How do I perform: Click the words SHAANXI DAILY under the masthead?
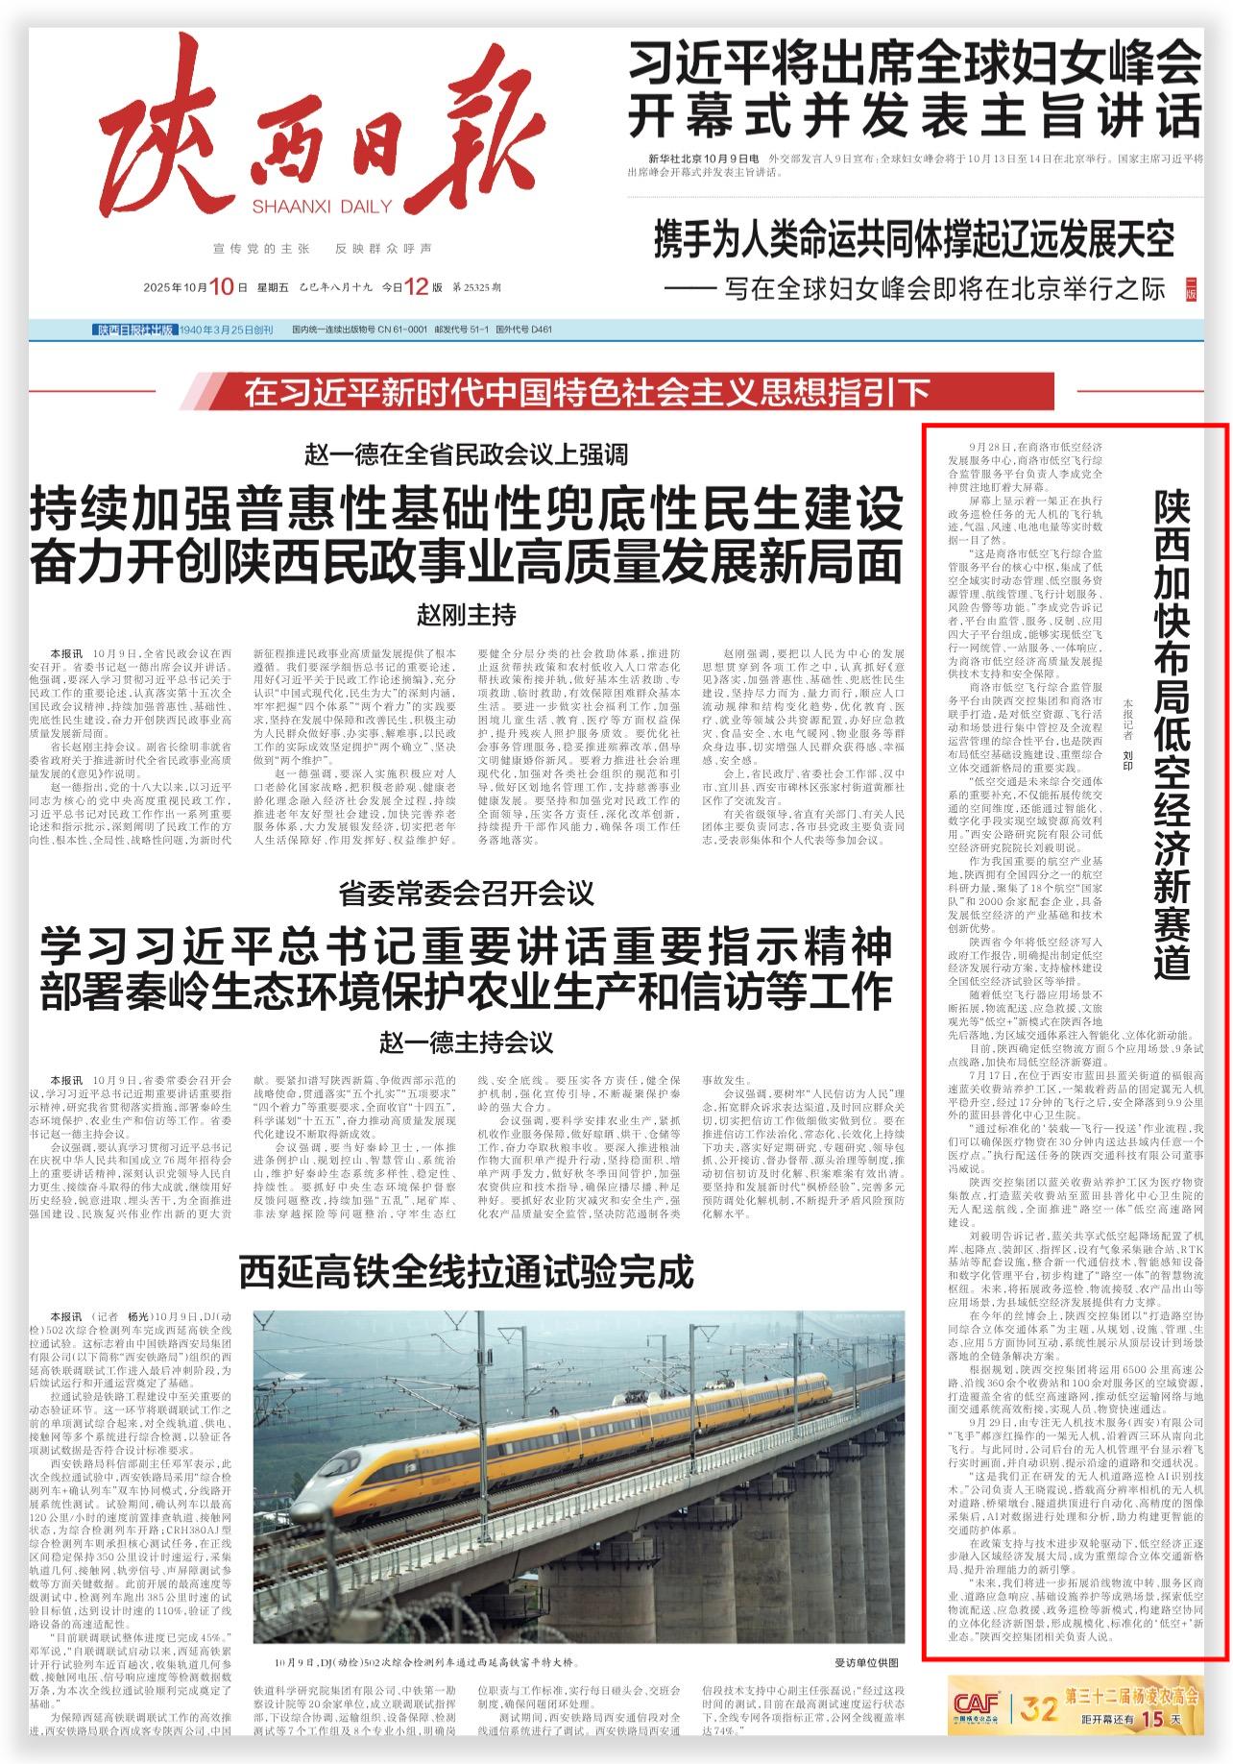(322, 206)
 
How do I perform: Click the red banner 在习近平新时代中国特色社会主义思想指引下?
(587, 392)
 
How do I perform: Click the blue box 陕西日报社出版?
(135, 331)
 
